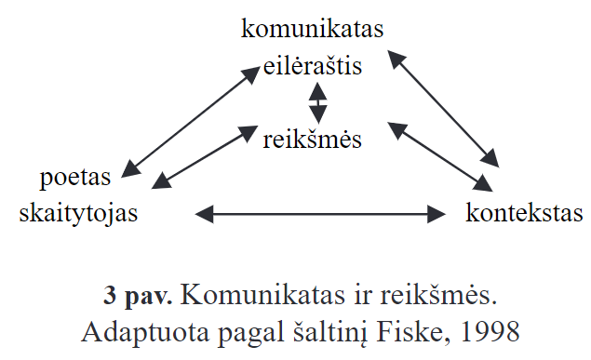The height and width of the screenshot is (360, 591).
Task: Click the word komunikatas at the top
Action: (313, 29)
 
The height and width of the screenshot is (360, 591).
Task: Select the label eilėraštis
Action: (313, 66)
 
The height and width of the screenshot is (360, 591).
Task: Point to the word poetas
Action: (76, 177)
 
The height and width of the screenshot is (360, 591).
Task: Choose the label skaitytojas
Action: (78, 213)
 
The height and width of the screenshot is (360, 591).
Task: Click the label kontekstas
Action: (524, 213)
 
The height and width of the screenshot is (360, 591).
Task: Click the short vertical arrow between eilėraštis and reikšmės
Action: (319, 102)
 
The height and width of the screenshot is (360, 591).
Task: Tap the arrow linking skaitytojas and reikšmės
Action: (208, 154)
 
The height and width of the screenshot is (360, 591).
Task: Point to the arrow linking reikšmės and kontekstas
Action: (442, 154)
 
